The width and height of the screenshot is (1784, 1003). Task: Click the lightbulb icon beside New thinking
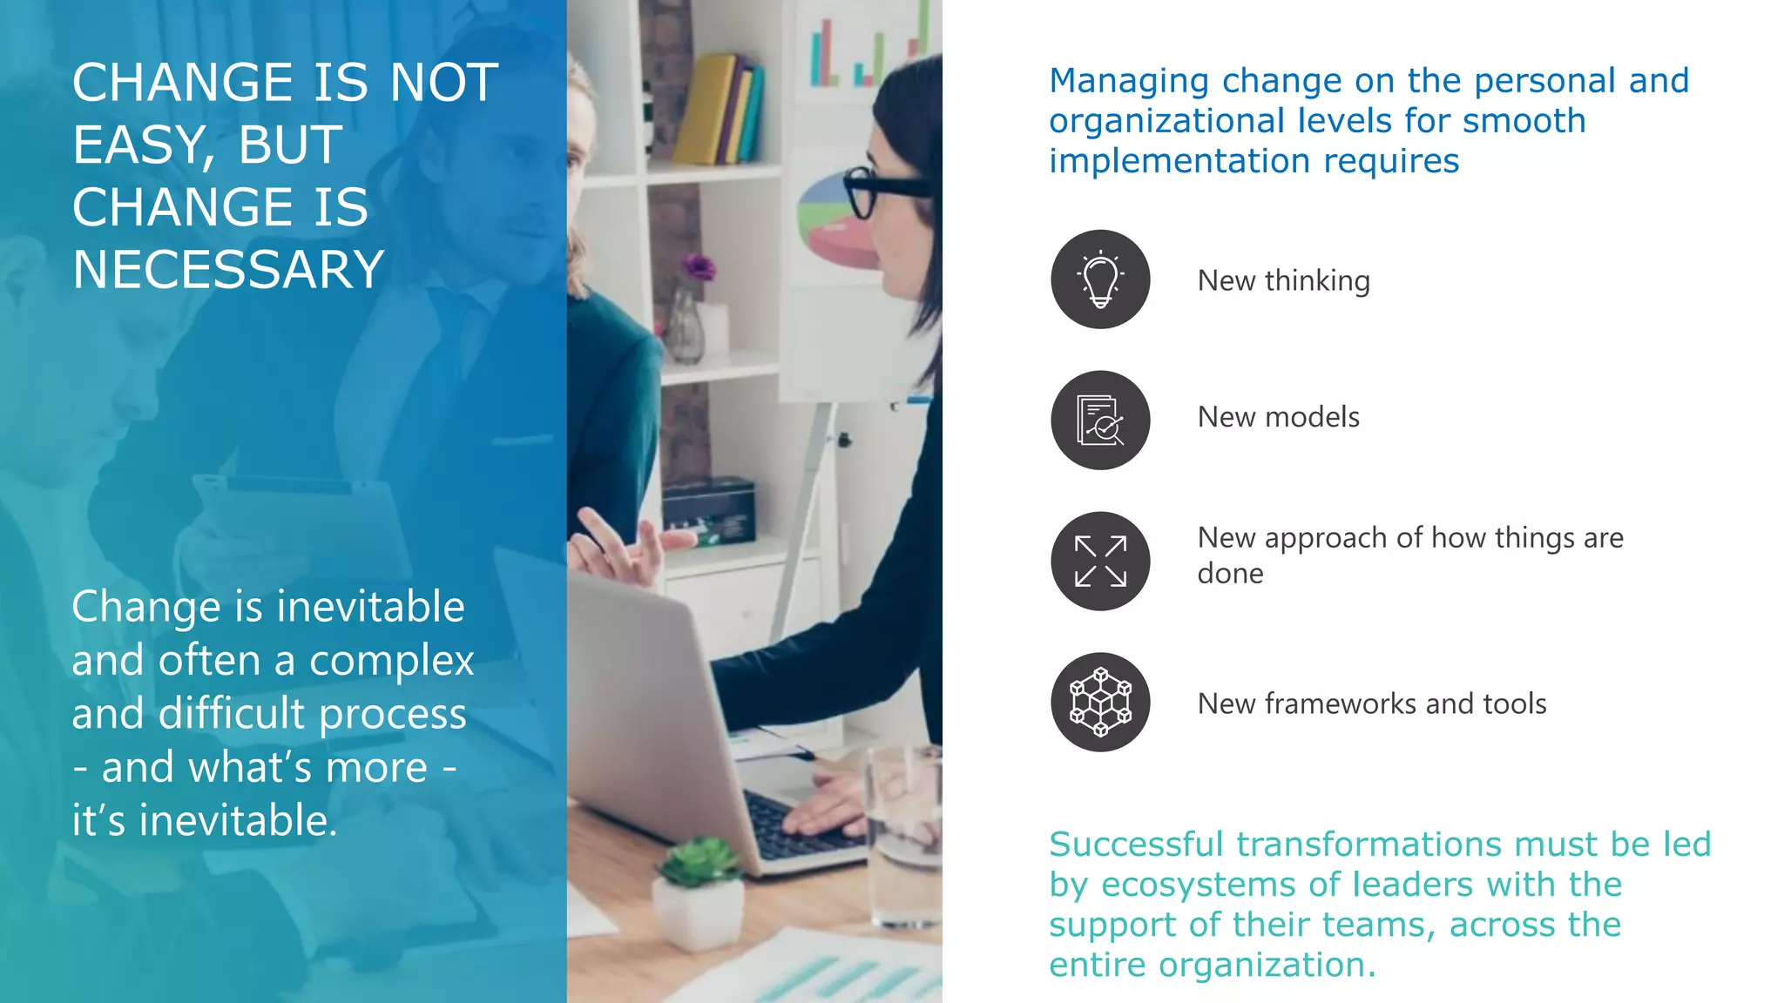coord(1100,279)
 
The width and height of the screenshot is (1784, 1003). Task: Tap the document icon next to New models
coord(1100,421)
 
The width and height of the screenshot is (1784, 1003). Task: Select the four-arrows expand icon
coord(1100,562)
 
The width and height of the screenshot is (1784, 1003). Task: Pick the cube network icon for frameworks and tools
coord(1100,703)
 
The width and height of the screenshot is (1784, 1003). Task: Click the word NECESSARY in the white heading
coord(228,270)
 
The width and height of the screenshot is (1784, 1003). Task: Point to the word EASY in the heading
coord(139,145)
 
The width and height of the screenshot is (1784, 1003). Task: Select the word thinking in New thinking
coord(1317,281)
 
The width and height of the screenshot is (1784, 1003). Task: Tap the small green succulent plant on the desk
coord(697,862)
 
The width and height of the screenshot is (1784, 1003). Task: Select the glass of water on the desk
coord(906,836)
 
